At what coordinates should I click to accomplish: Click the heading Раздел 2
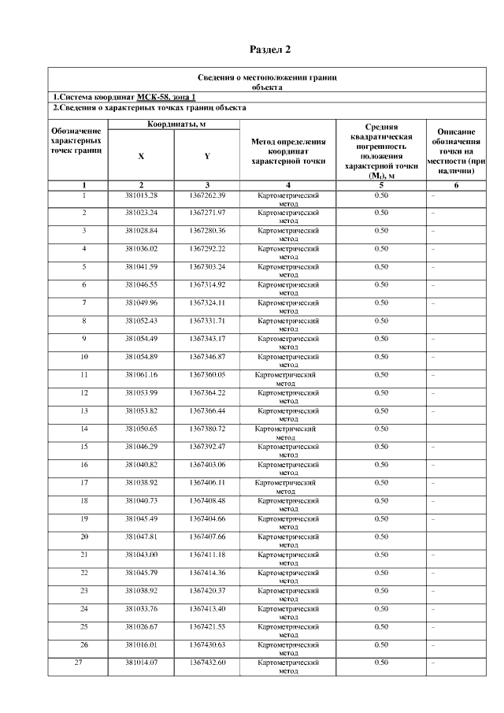coord(270,50)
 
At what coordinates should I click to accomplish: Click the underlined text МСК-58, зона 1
coord(165,97)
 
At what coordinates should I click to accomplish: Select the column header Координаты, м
coord(174,124)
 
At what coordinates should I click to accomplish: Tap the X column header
coord(141,156)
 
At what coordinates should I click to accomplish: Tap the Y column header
coord(206,156)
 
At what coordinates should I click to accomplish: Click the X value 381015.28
coord(142,195)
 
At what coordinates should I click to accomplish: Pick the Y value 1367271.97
coord(207,213)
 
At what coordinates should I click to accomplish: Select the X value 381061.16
coord(142,374)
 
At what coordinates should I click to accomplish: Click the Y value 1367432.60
coord(207,663)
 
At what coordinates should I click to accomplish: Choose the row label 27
coord(78,663)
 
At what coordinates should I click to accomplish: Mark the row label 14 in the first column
coord(83,429)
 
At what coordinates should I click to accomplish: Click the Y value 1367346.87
coord(207,357)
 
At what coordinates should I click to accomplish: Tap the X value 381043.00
coord(142,555)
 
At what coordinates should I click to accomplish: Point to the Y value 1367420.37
coord(207,591)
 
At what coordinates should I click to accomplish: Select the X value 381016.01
coord(142,644)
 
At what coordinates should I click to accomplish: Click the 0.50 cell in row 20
coord(381,537)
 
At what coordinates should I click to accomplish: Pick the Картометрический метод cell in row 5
coord(287,270)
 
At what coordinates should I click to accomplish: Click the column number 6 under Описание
coord(456,185)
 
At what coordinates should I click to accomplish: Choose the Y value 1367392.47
coord(207,447)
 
